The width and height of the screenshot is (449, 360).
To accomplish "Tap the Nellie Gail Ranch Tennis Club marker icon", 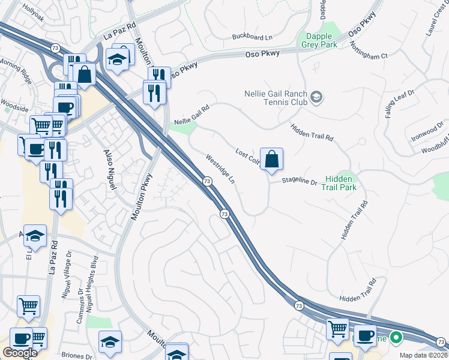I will (316, 97).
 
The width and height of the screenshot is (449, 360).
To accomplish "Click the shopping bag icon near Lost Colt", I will (271, 160).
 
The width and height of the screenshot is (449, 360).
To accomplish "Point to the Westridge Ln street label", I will (220, 170).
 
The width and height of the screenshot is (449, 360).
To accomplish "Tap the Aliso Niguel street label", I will (109, 172).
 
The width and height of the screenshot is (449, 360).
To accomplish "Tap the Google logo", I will (20, 353).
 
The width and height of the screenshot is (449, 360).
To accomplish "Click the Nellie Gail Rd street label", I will (191, 115).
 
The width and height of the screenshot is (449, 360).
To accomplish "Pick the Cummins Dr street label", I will (80, 308).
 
